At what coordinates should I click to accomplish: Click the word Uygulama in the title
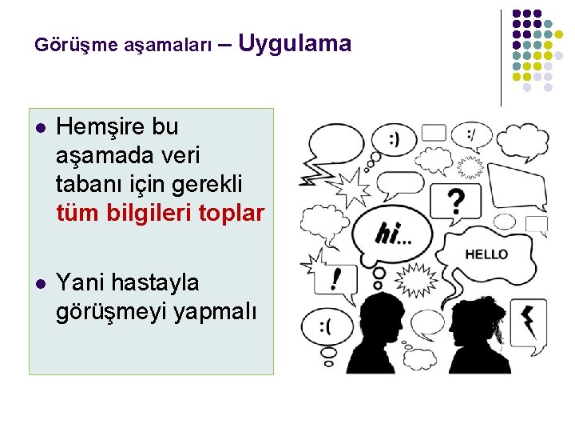(x=294, y=43)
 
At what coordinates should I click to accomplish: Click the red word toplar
(x=232, y=214)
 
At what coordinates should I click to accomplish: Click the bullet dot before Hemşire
(x=40, y=127)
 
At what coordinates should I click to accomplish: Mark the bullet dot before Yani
(x=40, y=283)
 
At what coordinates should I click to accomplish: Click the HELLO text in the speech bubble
(x=486, y=254)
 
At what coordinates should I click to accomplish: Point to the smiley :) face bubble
(x=394, y=138)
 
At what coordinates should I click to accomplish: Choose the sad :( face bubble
(x=325, y=328)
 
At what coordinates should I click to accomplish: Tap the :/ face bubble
(x=474, y=137)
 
